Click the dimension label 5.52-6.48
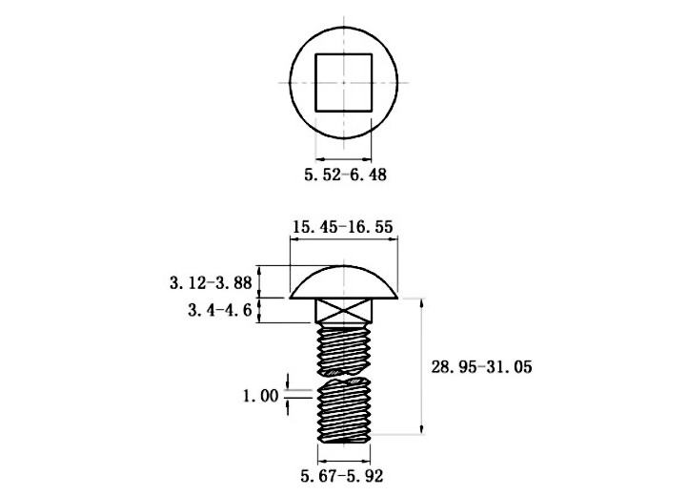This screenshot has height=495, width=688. click(345, 175)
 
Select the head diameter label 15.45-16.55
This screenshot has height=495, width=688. click(343, 227)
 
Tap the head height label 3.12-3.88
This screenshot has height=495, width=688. click(211, 282)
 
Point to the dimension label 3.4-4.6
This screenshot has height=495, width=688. click(220, 310)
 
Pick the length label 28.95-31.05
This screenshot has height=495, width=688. click(481, 366)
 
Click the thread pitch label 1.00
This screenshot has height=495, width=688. click(261, 396)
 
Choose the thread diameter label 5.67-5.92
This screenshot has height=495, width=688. click(342, 476)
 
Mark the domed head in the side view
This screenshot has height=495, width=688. click(344, 282)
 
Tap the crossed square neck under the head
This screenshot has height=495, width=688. click(344, 311)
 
